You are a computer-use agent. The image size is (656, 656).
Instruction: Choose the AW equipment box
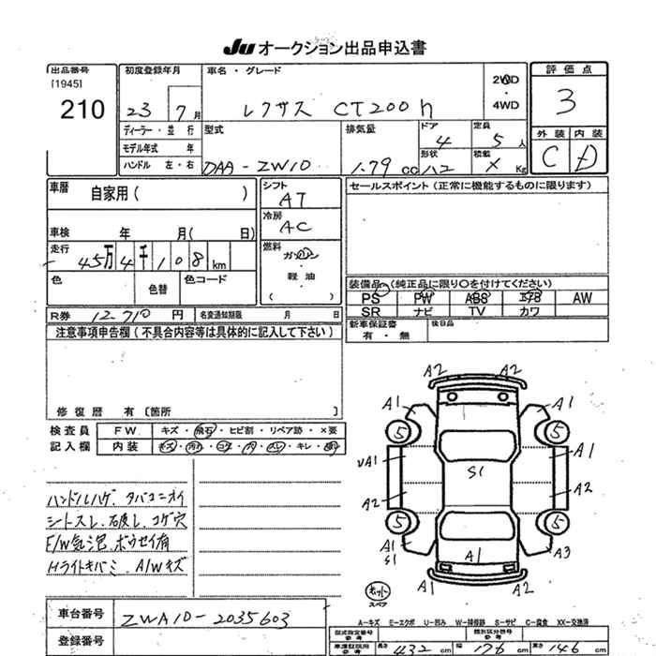[582, 298]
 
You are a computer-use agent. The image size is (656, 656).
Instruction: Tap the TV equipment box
[477, 311]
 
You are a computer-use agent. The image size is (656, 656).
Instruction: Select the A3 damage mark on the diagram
[563, 553]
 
